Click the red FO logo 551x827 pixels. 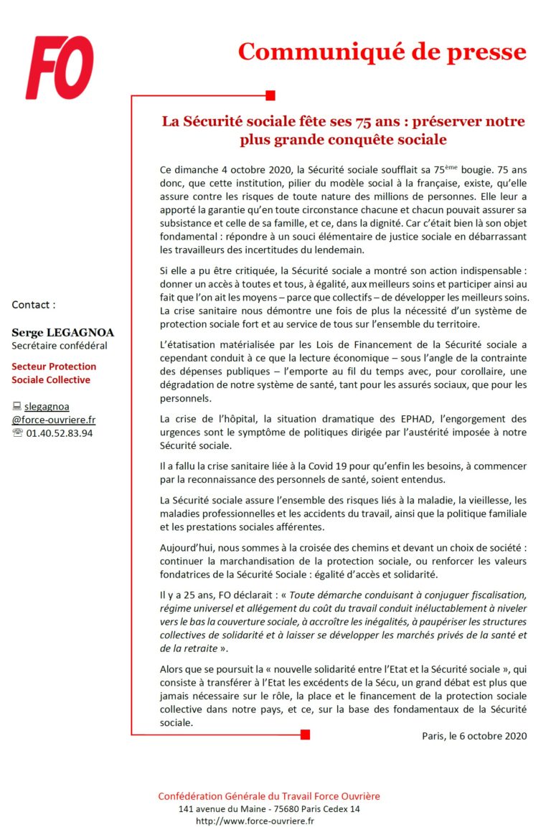tap(60, 67)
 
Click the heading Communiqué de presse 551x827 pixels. tap(382, 52)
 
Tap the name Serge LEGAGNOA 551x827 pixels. tap(62, 333)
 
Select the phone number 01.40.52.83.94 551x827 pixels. tap(60, 433)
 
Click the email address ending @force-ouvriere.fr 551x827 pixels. tap(54, 420)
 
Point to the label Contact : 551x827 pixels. tap(33, 305)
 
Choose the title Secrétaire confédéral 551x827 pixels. tap(60, 346)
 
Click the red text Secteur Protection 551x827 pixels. tap(54, 367)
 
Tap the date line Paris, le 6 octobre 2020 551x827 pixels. tap(474, 736)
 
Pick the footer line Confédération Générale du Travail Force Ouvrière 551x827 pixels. tap(269, 796)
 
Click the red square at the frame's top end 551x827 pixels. tap(270, 95)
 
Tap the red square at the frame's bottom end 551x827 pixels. tap(305, 734)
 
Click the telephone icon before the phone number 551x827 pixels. tap(17, 433)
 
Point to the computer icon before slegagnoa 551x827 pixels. tap(17, 407)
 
